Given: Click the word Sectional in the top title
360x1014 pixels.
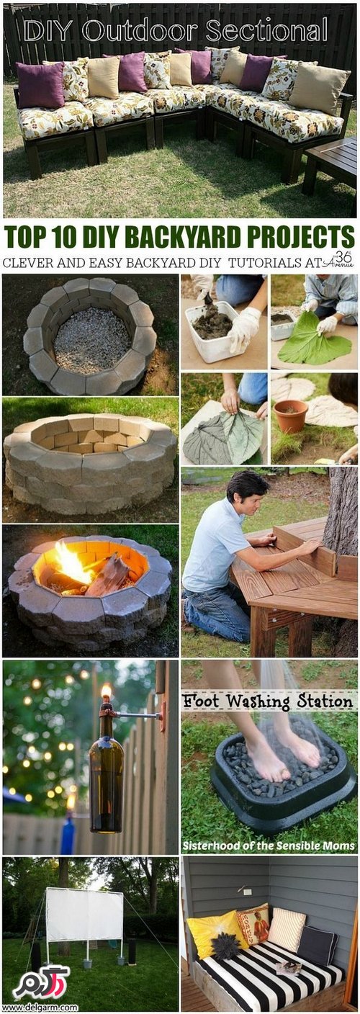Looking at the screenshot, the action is pos(266,31).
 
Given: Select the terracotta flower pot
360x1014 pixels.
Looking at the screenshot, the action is pos(290,416).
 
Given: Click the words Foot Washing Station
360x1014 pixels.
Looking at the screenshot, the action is pos(268,701).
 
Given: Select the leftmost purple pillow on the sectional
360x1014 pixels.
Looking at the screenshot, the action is pos(40,85).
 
